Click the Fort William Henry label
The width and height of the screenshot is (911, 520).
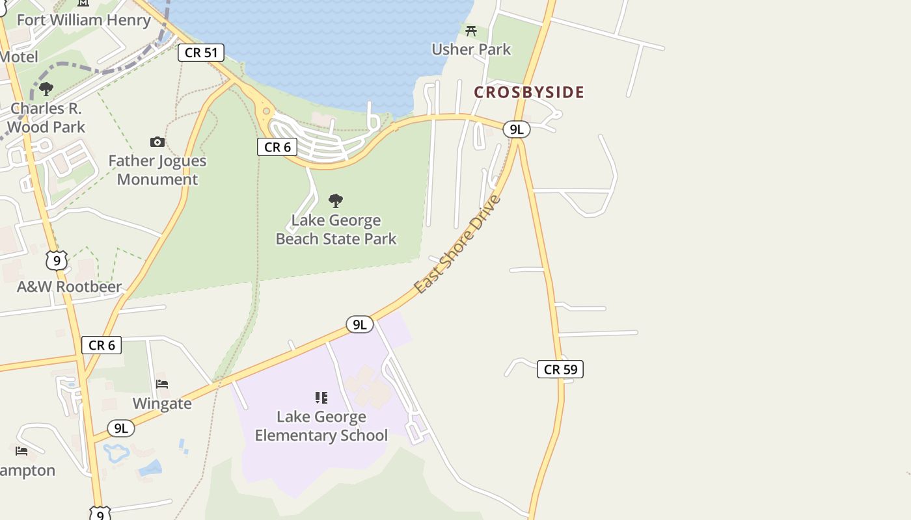coord(83,20)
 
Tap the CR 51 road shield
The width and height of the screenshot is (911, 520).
coord(200,53)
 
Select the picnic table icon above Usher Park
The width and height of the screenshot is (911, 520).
coord(471,31)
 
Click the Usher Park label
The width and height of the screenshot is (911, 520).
coord(471,49)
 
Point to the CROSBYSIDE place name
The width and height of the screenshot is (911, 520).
coord(528,92)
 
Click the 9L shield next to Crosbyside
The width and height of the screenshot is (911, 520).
coord(516,129)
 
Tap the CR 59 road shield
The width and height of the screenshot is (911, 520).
coord(560,369)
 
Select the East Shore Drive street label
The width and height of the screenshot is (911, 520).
coord(458,244)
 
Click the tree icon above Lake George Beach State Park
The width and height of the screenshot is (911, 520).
coord(336,200)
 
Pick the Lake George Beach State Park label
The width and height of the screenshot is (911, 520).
coord(336,229)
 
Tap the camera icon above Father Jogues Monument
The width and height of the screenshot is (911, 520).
coord(157,142)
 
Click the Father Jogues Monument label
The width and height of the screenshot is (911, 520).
coord(157,170)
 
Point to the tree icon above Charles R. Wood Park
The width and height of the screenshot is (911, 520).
coord(46,88)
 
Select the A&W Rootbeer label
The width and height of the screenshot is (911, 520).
coord(69,287)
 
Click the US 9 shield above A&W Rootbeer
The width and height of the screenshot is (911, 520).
coord(57,261)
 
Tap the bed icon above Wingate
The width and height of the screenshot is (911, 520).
coord(162,384)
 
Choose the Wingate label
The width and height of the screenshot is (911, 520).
coord(162,404)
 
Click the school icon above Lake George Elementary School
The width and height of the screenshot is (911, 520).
coord(321,397)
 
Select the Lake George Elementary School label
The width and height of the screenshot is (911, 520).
coord(321,426)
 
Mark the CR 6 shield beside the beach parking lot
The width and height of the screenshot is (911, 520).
coord(277,147)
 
